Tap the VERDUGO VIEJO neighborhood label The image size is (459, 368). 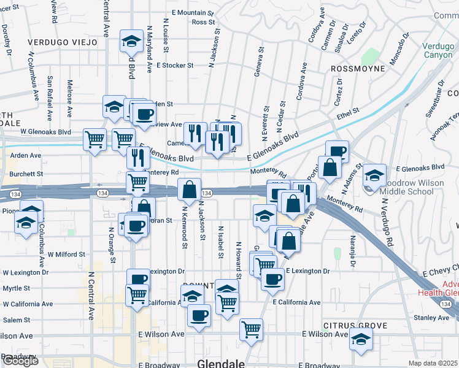pos(62,42)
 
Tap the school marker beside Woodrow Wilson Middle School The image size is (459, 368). pos(374,176)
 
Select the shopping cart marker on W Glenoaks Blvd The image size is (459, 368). pos(95,139)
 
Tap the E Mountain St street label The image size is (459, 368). pos(193,12)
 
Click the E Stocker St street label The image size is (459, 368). pos(175,65)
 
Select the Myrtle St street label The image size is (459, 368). pos(17,288)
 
